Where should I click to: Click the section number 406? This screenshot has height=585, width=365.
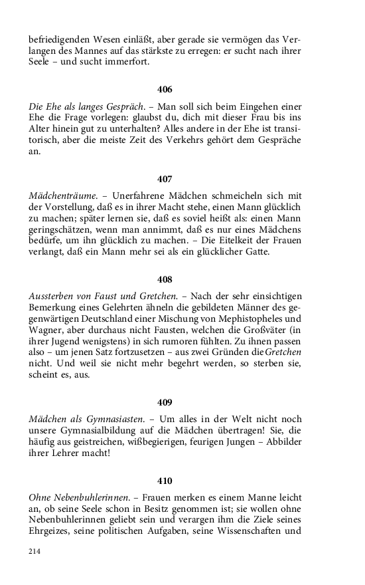click(165, 88)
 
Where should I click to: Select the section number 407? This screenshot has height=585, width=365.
click(165, 179)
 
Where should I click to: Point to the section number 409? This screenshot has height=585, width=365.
click(165, 402)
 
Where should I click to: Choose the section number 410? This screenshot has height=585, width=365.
click(165, 481)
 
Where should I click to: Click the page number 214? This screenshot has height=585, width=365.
click(35, 551)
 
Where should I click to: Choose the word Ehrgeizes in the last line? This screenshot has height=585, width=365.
click(50, 533)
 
